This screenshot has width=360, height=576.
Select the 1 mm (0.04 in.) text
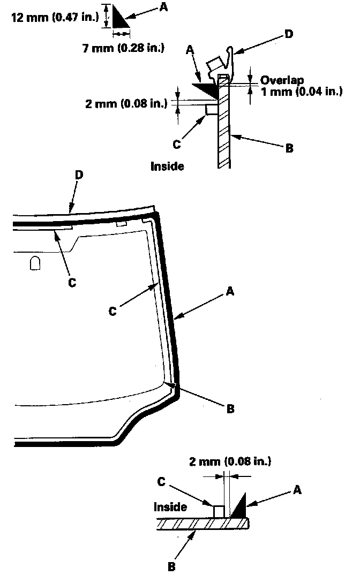pyautogui.click(x=301, y=91)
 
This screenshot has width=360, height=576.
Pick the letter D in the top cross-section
pyautogui.click(x=289, y=34)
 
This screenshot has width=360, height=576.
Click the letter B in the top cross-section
pyautogui.click(x=289, y=148)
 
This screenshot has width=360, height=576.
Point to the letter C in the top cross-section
pyautogui.click(x=178, y=143)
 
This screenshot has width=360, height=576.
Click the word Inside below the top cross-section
pyautogui.click(x=167, y=166)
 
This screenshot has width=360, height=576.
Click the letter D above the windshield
pyautogui.click(x=79, y=175)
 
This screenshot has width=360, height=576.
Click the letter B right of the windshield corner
pyautogui.click(x=230, y=409)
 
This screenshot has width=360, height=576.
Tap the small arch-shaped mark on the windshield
pyautogui.click(x=35, y=263)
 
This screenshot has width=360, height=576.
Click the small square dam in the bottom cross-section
pyautogui.click(x=219, y=511)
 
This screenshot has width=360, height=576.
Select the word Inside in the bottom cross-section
pyautogui.click(x=170, y=506)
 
